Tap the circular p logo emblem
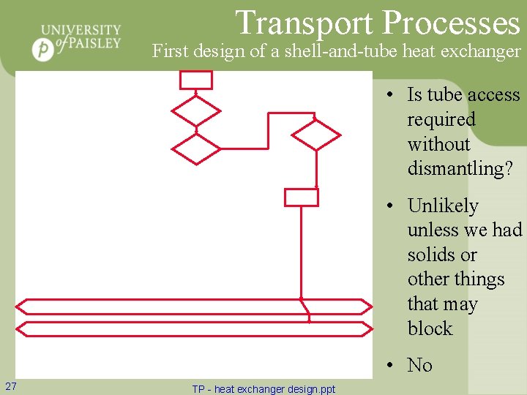coord(44,50)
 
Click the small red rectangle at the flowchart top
coord(196,79)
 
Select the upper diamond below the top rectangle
coord(195,111)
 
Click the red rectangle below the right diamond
coord(301,197)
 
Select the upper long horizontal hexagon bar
coord(194,306)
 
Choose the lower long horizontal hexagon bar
coord(194,329)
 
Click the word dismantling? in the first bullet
coord(460,169)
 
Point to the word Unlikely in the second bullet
coord(443,206)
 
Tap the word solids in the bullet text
coord(431,255)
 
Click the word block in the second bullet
coord(430,328)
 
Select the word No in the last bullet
coord(419,365)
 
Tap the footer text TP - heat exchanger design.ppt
coord(263,389)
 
